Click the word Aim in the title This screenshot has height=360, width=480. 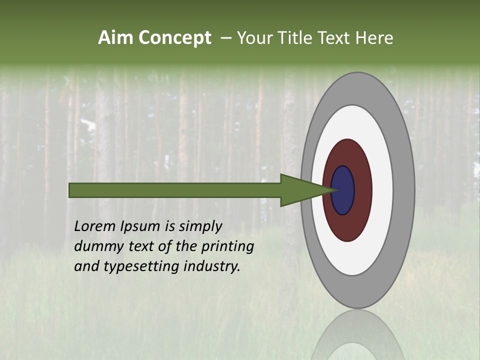(x=116, y=38)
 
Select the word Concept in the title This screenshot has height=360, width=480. (x=175, y=38)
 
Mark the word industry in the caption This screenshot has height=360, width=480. (x=211, y=266)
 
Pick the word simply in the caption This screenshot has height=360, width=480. (x=200, y=226)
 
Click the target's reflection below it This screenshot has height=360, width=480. (x=357, y=335)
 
